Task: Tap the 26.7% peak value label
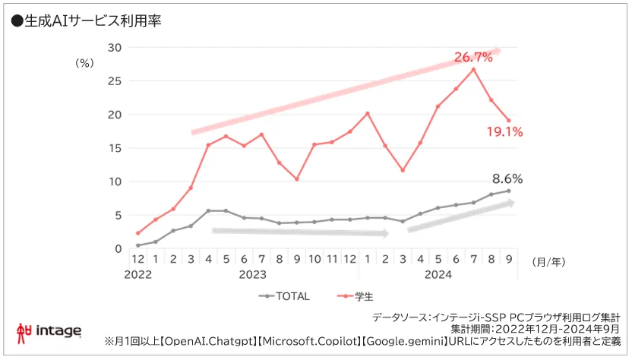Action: coord(473,58)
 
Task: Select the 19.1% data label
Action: coord(504,132)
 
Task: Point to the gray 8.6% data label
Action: coord(507,180)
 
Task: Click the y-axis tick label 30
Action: coord(115,47)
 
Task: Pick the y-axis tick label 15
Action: coord(115,148)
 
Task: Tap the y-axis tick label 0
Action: coord(118,248)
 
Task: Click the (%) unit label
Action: coord(84,64)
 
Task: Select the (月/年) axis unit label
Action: coord(548,261)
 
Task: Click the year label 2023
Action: coord(252,275)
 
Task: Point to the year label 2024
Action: coord(438,275)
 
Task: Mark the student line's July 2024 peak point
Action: coord(473,70)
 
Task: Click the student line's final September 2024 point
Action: coord(508,120)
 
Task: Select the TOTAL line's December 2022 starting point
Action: coord(137,245)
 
